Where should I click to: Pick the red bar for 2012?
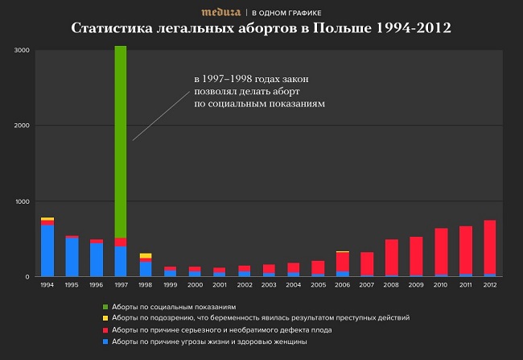pos(489,246)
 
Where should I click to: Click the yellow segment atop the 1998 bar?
pos(145,255)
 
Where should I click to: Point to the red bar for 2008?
pos(391,257)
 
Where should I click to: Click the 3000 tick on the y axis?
pos(22,51)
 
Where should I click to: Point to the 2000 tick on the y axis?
pos(22,126)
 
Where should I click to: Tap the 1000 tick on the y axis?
pos(22,201)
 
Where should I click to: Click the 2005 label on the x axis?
pos(318,285)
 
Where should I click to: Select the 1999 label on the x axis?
pos(170,285)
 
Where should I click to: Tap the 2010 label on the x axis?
pos(440,285)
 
